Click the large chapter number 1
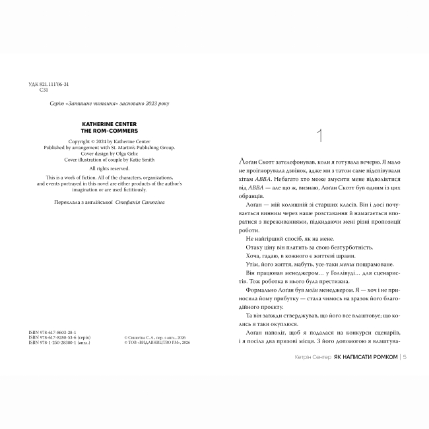pos(320,137)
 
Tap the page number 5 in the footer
pos(403,356)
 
